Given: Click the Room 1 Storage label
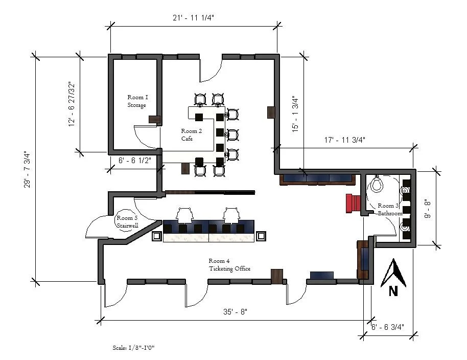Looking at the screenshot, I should [x=137, y=101].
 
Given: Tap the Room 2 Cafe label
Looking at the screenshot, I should [x=191, y=135].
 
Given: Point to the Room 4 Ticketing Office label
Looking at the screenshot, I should [x=229, y=264].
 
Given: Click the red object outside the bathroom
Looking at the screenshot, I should [x=353, y=203].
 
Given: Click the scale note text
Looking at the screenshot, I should [x=133, y=347].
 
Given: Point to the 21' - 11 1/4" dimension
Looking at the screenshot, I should [x=193, y=17].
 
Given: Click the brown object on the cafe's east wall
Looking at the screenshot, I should [x=271, y=112].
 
